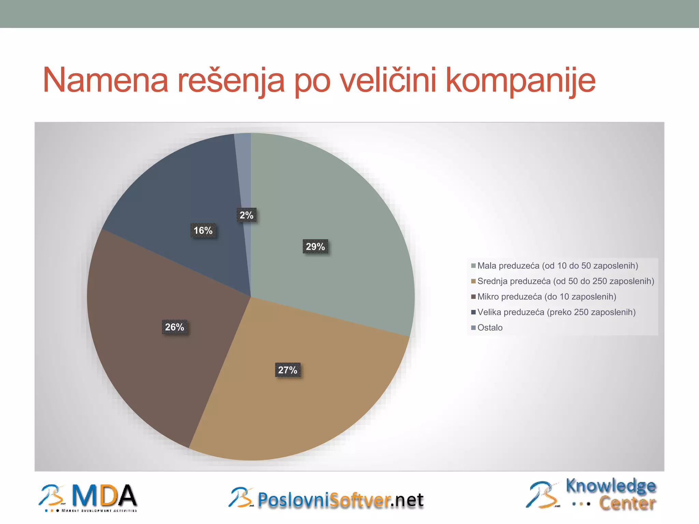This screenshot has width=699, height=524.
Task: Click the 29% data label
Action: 315,247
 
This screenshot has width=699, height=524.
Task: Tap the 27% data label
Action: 288,370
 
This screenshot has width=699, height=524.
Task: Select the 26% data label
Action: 174,327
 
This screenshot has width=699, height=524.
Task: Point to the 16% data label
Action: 203,231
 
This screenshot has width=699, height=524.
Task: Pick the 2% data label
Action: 246,215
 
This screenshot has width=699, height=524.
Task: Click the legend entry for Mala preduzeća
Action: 557,266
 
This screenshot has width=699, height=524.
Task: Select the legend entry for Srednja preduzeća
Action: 566,281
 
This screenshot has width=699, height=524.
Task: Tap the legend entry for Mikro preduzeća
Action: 546,297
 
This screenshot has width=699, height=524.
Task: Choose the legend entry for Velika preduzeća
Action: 556,312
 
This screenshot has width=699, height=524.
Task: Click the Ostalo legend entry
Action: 490,328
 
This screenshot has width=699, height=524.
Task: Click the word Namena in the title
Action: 105,81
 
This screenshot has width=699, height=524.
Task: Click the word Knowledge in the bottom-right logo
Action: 611,486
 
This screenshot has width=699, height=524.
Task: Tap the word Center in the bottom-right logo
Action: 627,503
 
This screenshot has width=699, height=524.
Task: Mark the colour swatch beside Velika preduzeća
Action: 473,312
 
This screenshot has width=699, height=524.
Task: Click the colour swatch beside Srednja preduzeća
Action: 473,281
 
